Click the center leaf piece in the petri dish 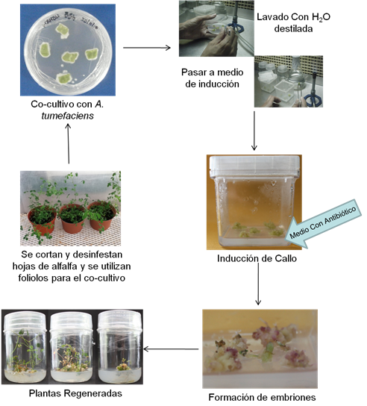pyautogui.click(x=70, y=57)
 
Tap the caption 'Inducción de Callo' pyautogui.click(x=257, y=258)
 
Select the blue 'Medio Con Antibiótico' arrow pyautogui.click(x=323, y=223)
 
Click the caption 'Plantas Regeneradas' pyautogui.click(x=75, y=393)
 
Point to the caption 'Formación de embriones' pyautogui.click(x=262, y=397)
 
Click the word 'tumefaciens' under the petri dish pyautogui.click(x=68, y=116)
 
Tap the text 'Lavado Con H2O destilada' pyautogui.click(x=293, y=23)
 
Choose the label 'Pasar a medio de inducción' pyautogui.click(x=213, y=78)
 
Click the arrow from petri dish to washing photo pyautogui.click(x=147, y=48)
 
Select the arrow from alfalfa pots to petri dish pyautogui.click(x=69, y=143)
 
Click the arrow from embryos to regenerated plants pyautogui.click(x=171, y=349)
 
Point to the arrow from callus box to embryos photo pyautogui.click(x=258, y=284)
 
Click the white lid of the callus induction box pyautogui.click(x=254, y=166)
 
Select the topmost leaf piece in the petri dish pyautogui.click(x=62, y=31)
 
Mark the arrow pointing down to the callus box pyautogui.click(x=254, y=131)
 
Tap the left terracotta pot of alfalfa pyautogui.click(x=43, y=221)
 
